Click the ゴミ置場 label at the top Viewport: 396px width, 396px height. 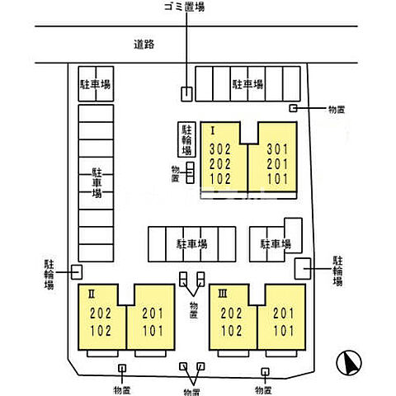186,7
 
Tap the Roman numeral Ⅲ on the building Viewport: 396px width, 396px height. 223,292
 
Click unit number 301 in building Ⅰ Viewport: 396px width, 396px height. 278,149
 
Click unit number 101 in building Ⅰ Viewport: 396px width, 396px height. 278,178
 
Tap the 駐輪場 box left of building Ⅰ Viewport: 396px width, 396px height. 186,139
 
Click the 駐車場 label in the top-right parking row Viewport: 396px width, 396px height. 247,84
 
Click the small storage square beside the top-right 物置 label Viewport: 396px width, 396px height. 293,108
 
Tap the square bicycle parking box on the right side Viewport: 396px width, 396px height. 303,266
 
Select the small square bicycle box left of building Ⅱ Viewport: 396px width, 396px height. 76,271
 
